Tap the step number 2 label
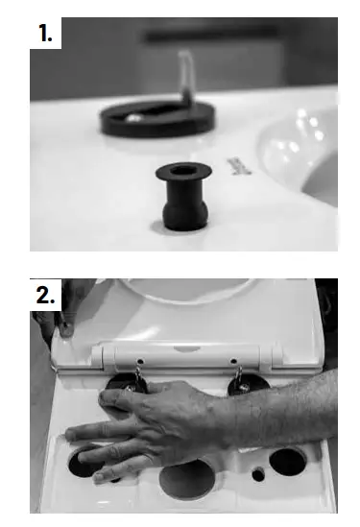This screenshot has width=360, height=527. (46, 296)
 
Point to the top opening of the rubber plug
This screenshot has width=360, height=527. (181, 174)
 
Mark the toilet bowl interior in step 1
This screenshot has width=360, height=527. (307, 149)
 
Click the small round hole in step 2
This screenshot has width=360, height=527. (256, 473)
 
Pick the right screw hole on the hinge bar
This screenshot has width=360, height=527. (233, 363)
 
